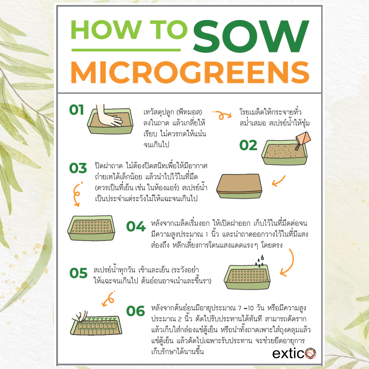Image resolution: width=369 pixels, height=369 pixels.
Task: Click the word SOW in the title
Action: click(251, 36)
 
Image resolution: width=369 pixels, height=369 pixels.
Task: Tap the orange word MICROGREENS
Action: click(190, 72)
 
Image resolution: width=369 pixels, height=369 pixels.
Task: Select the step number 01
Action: click(76, 110)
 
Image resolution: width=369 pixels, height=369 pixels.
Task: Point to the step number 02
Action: click(248, 145)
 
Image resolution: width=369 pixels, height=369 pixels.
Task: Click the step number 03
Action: click(78, 168)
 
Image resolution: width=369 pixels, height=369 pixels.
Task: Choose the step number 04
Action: click(136, 227)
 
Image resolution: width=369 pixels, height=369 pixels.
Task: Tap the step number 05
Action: click(78, 273)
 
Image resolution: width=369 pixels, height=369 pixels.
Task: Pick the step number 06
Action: click(135, 311)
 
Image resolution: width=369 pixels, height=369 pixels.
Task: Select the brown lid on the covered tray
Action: click(239, 183)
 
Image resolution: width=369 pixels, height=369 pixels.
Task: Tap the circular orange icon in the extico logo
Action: click(310, 353)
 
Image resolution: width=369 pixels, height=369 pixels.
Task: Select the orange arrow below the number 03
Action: click(76, 194)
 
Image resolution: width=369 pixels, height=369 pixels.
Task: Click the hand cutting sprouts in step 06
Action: click(80, 316)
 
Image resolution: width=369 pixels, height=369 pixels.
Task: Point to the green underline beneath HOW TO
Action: click(126, 50)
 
